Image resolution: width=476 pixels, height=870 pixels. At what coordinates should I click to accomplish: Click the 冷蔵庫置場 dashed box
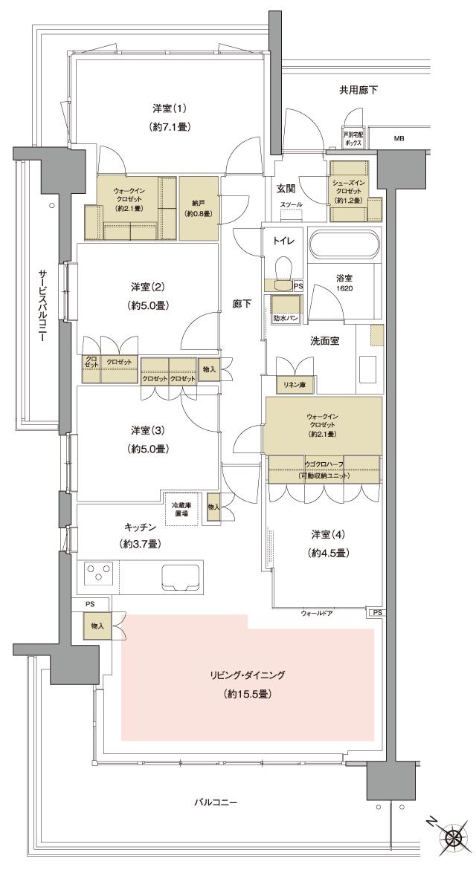tap(182, 509)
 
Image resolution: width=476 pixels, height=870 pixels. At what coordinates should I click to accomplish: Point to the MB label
tap(399, 138)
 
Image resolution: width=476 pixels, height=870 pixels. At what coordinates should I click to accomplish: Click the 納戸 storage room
tap(199, 208)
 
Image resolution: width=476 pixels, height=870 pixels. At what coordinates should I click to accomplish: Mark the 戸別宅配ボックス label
tap(353, 138)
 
